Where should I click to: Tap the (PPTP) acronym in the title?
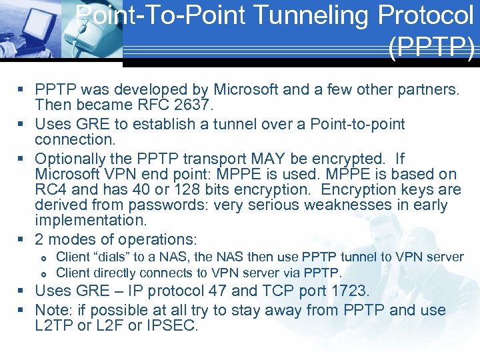pos(431,49)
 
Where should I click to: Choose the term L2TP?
pos(54,327)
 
